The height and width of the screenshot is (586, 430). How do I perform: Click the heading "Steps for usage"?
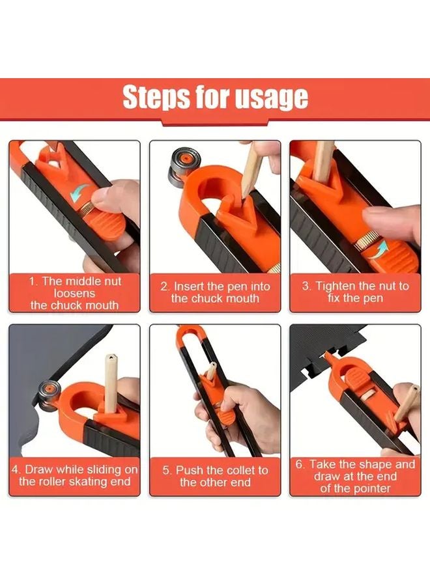click(x=215, y=97)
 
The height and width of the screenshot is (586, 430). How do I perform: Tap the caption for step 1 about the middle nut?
click(x=74, y=293)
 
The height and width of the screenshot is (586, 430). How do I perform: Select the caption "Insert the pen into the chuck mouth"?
click(x=215, y=292)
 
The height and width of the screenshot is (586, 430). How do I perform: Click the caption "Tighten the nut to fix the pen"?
click(x=356, y=292)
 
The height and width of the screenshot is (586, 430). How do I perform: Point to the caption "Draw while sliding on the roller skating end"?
click(x=74, y=475)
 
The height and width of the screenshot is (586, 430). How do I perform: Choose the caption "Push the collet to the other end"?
click(x=215, y=476)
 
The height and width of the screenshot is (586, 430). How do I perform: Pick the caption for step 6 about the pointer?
click(x=356, y=476)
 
